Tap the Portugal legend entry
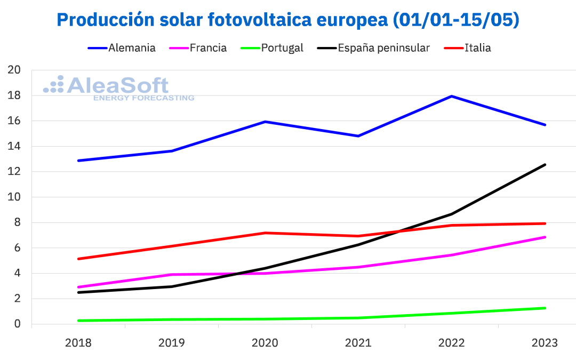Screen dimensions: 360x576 point(282,48)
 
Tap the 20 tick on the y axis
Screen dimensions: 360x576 point(14,70)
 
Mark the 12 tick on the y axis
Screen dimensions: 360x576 point(14,172)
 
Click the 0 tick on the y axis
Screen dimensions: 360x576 point(17,324)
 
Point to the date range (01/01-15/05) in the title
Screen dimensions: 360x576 point(455,20)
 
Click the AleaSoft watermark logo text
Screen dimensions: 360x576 point(117,85)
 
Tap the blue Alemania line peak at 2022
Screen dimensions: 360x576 point(452,96)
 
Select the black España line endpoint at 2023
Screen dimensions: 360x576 point(545,165)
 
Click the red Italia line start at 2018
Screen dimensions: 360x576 point(78,259)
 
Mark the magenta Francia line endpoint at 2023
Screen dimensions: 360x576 point(545,237)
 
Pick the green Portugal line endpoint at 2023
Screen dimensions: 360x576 point(545,308)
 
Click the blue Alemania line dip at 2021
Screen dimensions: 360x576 point(358,136)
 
